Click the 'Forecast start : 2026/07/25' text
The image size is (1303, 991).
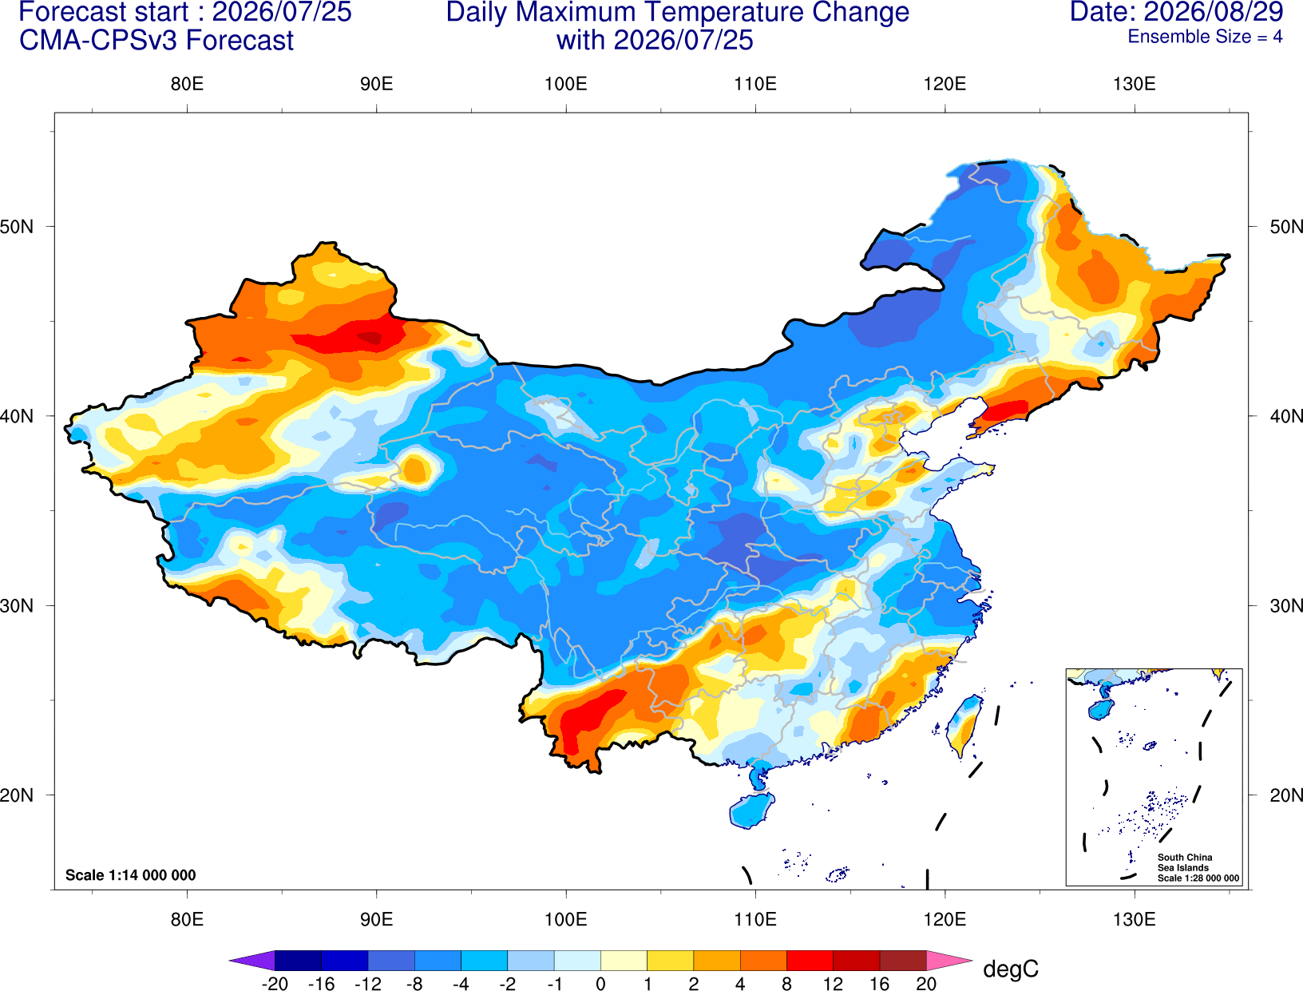[185, 12]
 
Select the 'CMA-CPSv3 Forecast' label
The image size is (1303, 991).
[156, 41]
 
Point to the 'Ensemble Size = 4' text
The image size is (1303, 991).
[1205, 37]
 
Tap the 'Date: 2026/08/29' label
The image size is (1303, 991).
[1177, 12]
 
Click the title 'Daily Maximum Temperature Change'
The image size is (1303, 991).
[677, 12]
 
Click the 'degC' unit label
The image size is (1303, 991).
[1010, 969]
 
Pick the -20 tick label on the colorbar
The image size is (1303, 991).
[275, 984]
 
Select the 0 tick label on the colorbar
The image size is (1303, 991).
[600, 984]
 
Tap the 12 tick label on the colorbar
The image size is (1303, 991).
[833, 984]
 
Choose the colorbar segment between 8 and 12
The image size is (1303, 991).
[810, 960]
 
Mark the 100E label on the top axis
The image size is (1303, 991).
[566, 84]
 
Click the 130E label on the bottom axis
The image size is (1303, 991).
[1135, 919]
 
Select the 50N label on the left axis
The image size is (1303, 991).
[17, 226]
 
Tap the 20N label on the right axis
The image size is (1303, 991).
[1285, 795]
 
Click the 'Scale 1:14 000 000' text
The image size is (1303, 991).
[131, 874]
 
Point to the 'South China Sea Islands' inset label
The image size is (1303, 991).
[1184, 862]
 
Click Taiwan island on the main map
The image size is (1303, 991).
[963, 726]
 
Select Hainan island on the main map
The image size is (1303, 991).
[751, 810]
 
